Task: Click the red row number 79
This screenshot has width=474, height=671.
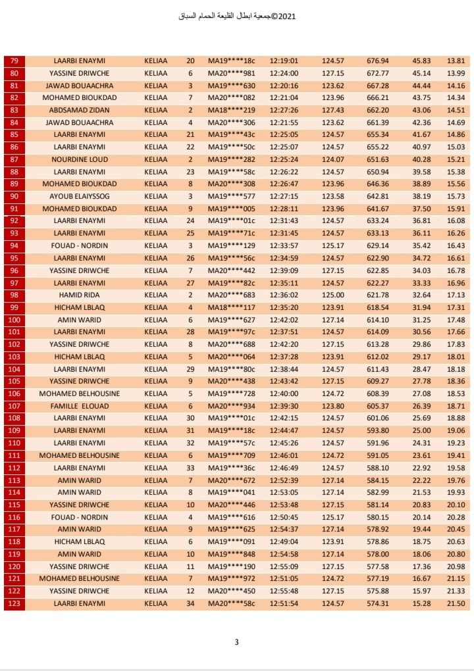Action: [14, 61]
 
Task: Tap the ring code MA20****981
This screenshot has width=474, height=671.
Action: [231, 73]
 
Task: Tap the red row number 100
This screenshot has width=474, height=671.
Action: [14, 320]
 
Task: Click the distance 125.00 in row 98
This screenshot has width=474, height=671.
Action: [333, 295]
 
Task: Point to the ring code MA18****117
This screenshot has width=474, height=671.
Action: [231, 307]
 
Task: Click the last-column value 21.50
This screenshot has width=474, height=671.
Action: [456, 603]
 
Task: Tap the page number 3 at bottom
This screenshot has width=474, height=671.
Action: [236, 643]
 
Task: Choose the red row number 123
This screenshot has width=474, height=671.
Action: [14, 603]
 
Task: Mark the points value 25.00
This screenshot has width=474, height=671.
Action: [421, 430]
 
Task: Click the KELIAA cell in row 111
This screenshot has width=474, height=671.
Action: [156, 455]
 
